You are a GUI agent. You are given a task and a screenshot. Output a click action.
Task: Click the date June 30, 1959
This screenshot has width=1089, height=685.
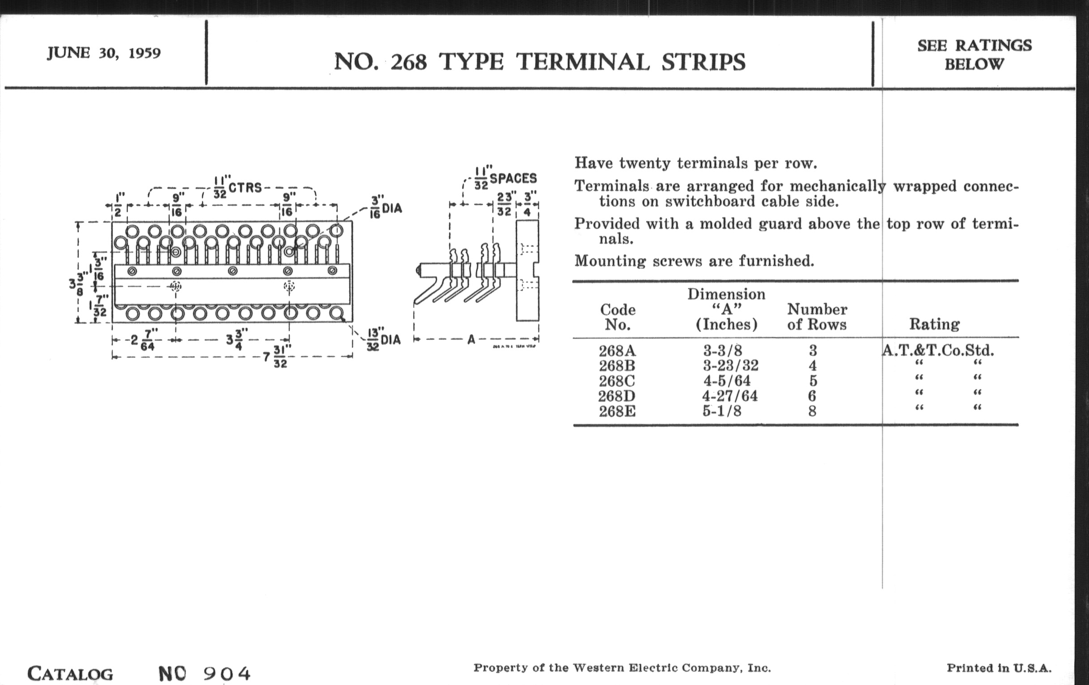pos(103,53)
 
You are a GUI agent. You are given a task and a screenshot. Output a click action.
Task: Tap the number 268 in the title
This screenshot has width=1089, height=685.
pos(408,62)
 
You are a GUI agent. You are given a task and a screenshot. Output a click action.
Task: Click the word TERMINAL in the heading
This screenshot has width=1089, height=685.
pos(583,62)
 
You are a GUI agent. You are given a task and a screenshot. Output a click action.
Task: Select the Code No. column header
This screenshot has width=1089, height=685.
pos(618,317)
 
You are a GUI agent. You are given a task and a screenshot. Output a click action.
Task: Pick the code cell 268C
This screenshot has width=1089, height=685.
pos(617,381)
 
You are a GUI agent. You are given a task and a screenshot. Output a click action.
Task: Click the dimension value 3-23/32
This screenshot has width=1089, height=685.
pos(730,365)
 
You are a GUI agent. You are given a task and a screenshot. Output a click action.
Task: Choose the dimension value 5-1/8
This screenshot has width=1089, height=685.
pos(722,411)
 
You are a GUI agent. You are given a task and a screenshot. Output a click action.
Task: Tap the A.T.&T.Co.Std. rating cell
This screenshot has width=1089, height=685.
pos(939,350)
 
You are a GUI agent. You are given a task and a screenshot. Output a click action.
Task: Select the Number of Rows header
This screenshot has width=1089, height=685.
pos(817,317)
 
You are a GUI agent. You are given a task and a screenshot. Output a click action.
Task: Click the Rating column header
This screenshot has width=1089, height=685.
pos(935,324)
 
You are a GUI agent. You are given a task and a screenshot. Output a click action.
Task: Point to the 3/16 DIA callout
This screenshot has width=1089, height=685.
pos(386,208)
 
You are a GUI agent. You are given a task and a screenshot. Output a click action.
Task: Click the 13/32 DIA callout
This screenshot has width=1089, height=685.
pos(384,339)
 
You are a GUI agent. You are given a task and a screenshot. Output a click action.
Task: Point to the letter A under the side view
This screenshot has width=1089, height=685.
pos(471,339)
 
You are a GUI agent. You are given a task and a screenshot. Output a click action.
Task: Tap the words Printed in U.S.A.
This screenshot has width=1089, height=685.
pos(999,668)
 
